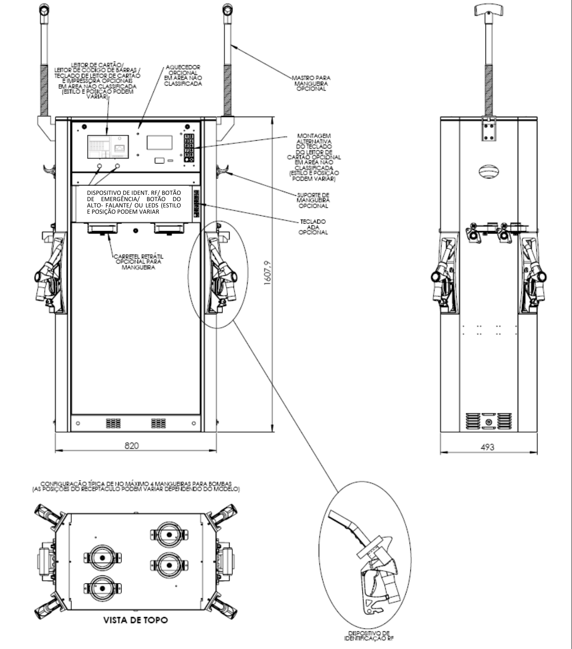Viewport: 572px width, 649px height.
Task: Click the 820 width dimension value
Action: [131, 445]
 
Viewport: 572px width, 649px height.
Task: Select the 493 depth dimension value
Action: [487, 447]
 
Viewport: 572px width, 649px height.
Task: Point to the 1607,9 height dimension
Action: [268, 272]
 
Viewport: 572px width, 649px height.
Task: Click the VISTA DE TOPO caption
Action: [136, 620]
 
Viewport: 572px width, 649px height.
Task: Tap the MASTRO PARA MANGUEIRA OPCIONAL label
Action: [311, 83]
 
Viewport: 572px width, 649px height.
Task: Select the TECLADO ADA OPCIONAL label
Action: [313, 227]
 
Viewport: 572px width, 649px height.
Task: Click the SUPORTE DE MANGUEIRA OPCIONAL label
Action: [313, 200]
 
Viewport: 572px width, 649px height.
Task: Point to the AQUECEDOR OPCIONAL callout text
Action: [183, 75]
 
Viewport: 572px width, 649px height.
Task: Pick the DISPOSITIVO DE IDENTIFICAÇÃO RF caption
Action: [369, 636]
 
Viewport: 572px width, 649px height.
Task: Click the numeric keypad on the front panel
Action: [189, 148]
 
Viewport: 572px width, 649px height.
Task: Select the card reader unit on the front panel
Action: [108, 147]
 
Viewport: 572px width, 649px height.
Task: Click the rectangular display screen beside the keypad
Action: [160, 142]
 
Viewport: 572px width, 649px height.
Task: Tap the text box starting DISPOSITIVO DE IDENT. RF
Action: [134, 202]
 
